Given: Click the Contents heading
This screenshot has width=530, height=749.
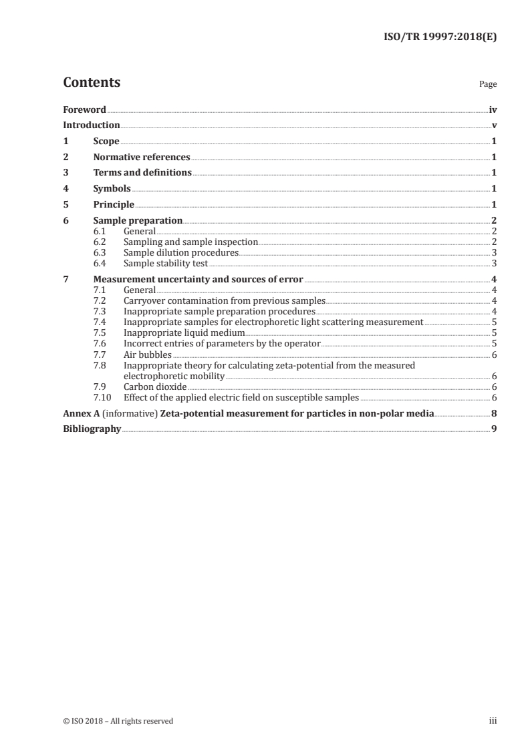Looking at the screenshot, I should (92, 83).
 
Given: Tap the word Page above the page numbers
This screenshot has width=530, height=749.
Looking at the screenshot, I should (488, 85).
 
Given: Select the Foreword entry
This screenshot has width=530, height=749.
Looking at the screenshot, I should (84, 109).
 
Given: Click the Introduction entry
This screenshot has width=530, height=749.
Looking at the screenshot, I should (92, 126).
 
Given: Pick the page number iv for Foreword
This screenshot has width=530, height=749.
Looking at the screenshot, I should (493, 109).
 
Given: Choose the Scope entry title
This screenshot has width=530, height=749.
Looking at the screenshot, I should (106, 142).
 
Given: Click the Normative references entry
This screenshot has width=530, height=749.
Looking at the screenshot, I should (142, 158).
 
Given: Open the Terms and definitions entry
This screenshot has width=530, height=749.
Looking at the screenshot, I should (142, 173).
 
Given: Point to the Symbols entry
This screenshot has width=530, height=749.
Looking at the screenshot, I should (112, 189).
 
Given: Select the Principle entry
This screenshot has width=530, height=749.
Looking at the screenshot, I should (114, 205).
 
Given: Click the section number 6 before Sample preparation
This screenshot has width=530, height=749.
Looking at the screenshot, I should (65, 220).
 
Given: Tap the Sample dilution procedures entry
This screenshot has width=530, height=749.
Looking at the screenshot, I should (180, 253).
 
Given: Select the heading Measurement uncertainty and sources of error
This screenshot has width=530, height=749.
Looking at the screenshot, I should (198, 280).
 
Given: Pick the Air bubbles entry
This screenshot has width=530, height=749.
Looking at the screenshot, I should (147, 354).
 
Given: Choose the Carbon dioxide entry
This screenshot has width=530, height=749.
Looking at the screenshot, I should (155, 387).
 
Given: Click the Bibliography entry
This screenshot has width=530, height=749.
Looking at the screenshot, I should (92, 429).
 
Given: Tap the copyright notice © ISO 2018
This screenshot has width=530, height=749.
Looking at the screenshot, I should (118, 721).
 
